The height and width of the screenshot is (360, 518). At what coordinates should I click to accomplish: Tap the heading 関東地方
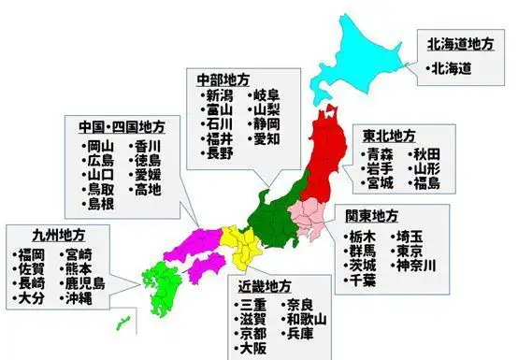pyautogui.click(x=372, y=214)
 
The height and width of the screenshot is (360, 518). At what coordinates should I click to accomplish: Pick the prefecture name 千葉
pyautogui.click(x=365, y=281)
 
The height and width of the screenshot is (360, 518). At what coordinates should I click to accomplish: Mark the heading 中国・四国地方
pyautogui.click(x=117, y=125)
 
